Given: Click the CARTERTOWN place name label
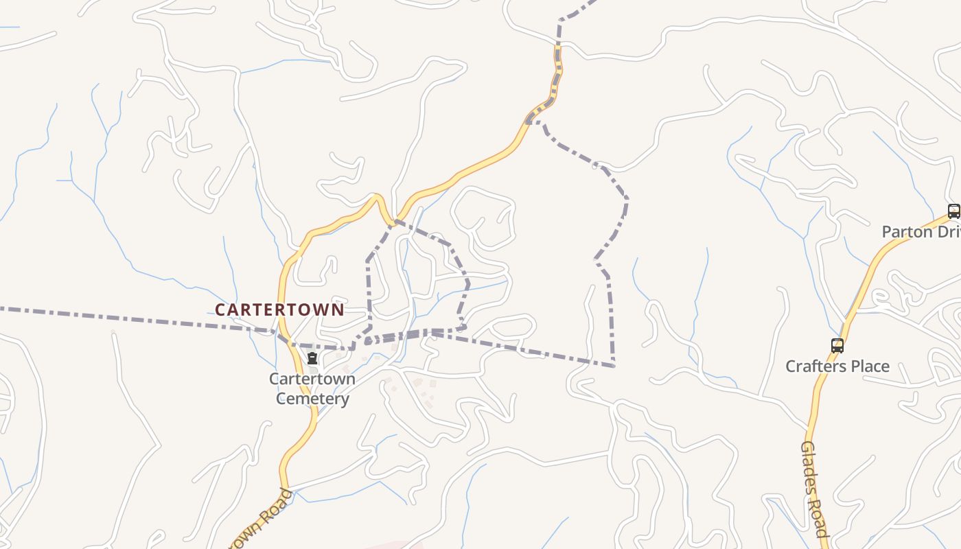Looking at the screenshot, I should [x=279, y=309].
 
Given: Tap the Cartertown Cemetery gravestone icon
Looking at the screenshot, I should [x=312, y=359].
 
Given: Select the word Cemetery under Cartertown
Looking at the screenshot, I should [x=312, y=399].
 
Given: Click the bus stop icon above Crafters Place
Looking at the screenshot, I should [x=837, y=346].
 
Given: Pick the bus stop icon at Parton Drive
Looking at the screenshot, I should [x=953, y=211].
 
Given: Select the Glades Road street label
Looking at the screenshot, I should [x=814, y=489].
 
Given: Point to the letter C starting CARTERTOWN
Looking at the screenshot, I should [x=220, y=310].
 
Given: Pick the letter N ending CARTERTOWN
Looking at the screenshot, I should [x=337, y=310].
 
